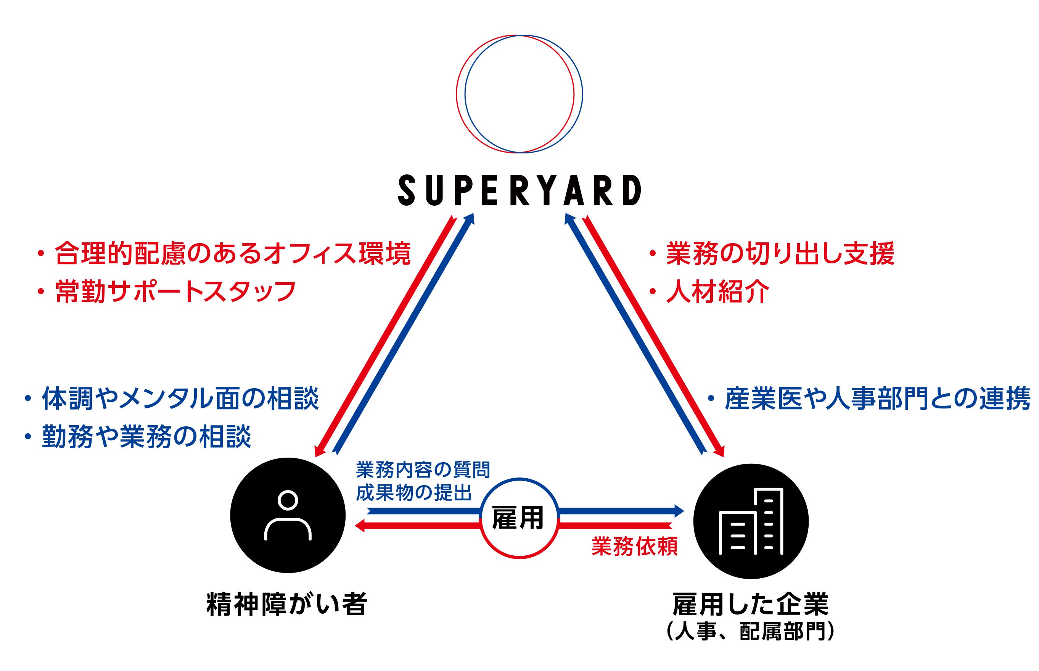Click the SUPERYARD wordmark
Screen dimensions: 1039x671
click(519, 190)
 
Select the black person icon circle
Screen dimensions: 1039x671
click(288, 515)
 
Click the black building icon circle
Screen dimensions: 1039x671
click(750, 521)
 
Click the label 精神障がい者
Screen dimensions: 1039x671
click(287, 604)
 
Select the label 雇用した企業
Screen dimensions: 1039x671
click(750, 604)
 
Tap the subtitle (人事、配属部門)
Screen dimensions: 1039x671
click(750, 632)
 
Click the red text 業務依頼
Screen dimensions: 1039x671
click(634, 547)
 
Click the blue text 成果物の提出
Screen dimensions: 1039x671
click(414, 493)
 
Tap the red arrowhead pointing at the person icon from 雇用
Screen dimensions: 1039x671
click(360, 526)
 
